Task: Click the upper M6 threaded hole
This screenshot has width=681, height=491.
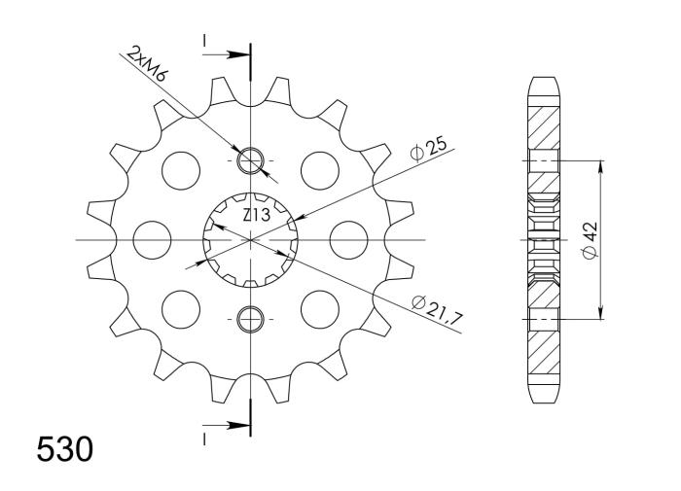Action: pyautogui.click(x=250, y=158)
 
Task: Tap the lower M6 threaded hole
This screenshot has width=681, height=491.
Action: pyautogui.click(x=250, y=318)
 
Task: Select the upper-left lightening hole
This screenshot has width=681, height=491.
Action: pyautogui.click(x=180, y=169)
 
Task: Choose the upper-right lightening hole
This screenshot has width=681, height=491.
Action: pyautogui.click(x=319, y=169)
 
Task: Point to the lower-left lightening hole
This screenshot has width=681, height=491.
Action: pyautogui.click(x=180, y=308)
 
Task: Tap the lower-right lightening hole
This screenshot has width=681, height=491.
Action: pyautogui.click(x=319, y=308)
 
